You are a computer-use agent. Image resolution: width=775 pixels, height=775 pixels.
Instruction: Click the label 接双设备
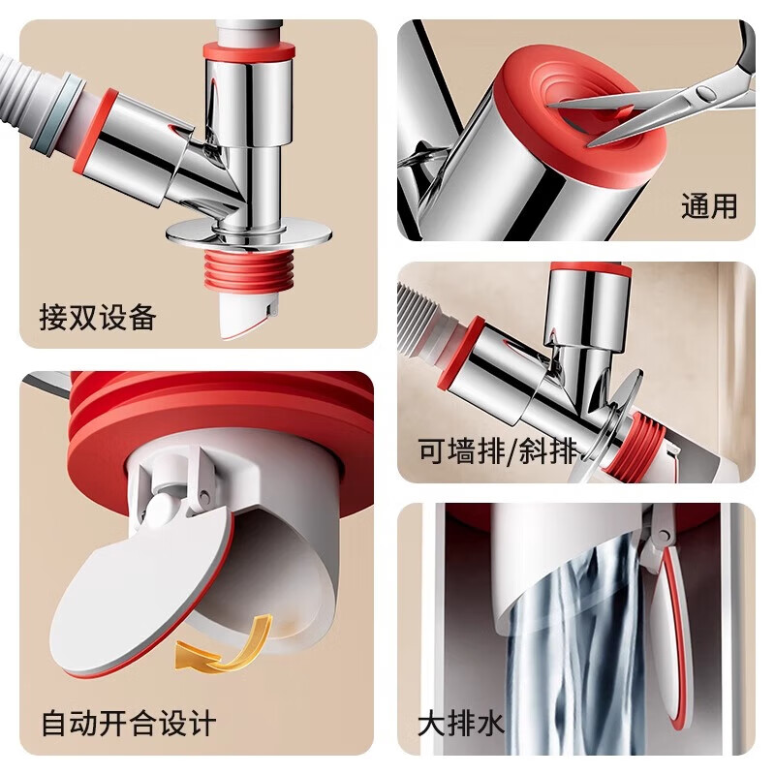click(98, 317)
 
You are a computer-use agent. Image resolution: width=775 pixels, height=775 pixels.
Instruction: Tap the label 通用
click(709, 206)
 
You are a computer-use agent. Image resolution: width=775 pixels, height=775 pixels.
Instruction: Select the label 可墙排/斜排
click(497, 450)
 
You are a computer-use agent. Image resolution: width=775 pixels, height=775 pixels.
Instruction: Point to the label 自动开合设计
click(128, 723)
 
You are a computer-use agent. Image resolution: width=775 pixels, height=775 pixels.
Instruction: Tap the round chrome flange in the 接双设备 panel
click(248, 232)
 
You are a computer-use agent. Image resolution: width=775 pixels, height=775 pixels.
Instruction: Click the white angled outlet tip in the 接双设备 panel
click(242, 315)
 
